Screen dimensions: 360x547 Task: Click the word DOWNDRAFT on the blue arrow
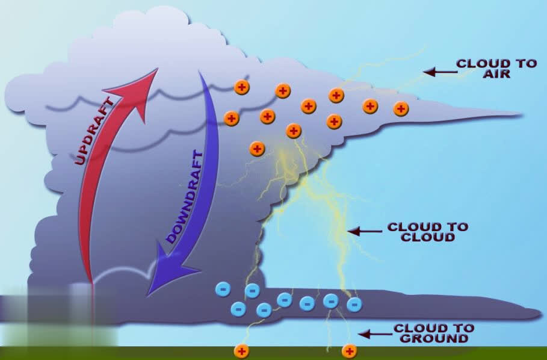tap(185, 197)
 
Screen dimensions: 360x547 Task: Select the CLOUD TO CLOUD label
tap(428, 232)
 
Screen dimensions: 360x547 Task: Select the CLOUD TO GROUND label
tap(433, 333)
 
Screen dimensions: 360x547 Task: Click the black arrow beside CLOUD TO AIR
tap(439, 72)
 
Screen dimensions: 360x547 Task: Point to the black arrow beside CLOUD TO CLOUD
tap(365, 231)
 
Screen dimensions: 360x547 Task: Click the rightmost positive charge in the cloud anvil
tap(401, 109)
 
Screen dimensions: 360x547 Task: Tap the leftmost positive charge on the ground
tap(241, 351)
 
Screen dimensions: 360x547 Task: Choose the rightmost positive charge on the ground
tap(349, 351)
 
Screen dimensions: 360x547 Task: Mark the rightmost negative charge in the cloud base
tap(354, 305)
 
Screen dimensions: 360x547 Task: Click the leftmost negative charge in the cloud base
tap(223, 290)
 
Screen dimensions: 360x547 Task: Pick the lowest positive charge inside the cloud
tap(257, 148)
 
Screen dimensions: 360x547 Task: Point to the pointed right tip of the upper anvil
tap(519, 113)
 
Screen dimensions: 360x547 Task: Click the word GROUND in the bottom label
tap(433, 338)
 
